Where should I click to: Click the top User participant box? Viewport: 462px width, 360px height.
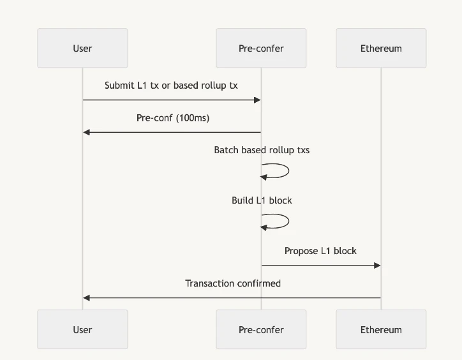[82, 48]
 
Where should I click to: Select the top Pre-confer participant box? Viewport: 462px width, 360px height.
[261, 48]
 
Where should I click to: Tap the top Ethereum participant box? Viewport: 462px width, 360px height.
[381, 48]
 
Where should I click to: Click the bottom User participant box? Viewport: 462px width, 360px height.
[82, 329]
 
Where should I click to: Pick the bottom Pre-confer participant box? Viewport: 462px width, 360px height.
[261, 329]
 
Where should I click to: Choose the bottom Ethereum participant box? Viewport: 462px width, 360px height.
[381, 329]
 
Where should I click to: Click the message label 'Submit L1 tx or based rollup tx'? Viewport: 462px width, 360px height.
[171, 86]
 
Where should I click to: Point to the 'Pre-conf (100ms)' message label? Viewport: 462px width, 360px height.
[173, 118]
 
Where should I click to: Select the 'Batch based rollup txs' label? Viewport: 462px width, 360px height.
[262, 150]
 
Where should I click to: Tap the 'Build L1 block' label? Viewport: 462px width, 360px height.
[262, 200]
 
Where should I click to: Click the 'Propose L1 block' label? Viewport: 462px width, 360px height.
[320, 251]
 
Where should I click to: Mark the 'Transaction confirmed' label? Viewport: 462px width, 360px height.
[233, 283]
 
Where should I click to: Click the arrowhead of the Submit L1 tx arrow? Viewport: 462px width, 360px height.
[257, 100]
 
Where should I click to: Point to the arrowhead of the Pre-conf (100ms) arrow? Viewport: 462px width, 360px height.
[87, 132]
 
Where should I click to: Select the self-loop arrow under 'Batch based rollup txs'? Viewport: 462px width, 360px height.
[281, 171]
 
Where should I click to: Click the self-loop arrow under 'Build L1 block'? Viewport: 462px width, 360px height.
[281, 221]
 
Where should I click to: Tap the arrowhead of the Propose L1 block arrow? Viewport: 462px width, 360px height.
[377, 266]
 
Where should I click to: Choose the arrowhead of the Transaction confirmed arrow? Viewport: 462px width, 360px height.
[87, 298]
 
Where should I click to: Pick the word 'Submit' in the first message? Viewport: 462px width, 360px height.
[119, 86]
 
